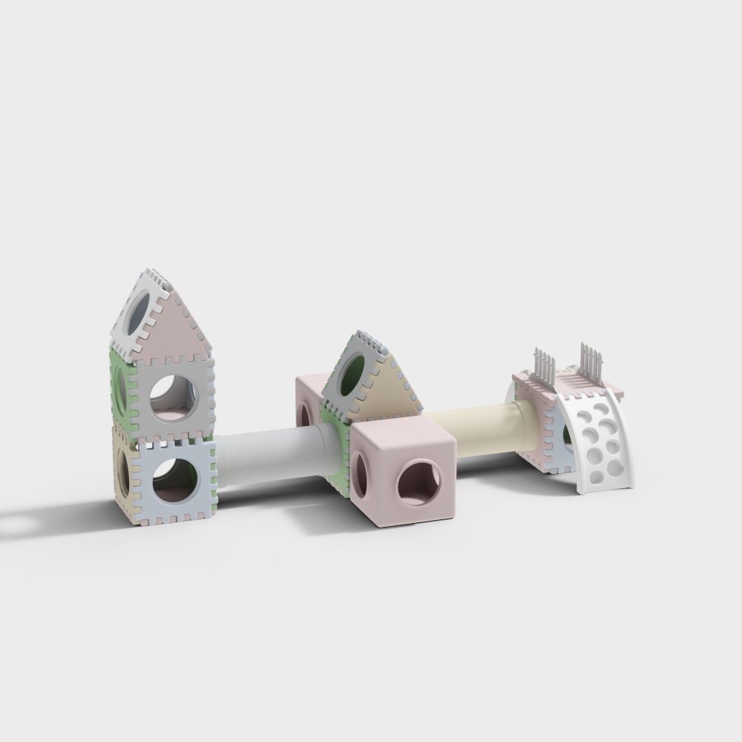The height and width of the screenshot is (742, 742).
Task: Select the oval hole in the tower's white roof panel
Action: (x=139, y=315)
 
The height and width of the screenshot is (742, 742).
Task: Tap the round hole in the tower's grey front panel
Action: (x=174, y=398)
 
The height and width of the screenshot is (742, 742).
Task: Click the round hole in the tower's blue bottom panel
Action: (x=175, y=479)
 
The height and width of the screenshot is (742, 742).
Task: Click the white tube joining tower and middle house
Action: (x=275, y=456)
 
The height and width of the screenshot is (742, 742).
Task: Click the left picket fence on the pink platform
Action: (x=544, y=368)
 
